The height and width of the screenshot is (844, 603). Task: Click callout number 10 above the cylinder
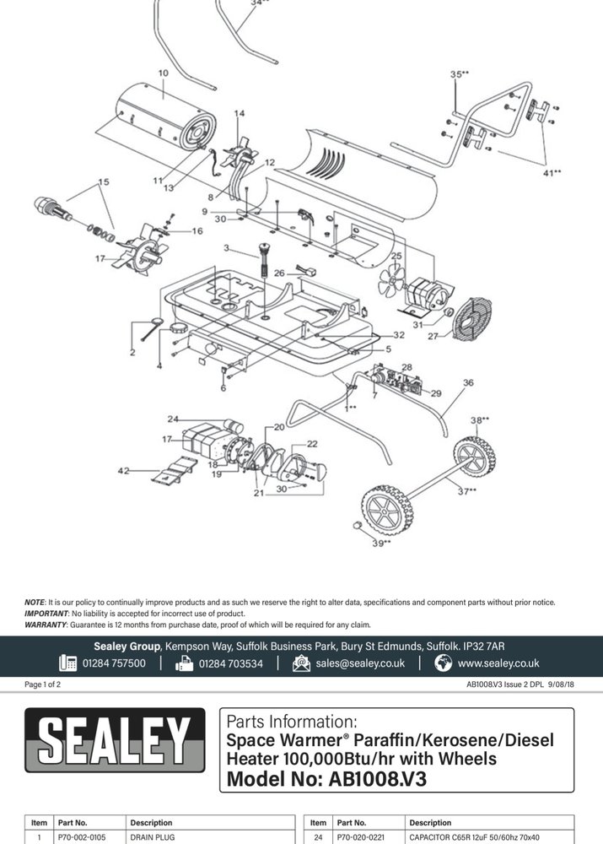[163, 73]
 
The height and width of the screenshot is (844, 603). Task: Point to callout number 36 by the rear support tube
[468, 382]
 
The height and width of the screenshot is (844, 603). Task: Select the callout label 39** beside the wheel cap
[381, 544]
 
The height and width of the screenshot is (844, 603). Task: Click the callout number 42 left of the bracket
[123, 471]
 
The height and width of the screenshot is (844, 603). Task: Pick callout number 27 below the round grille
[433, 336]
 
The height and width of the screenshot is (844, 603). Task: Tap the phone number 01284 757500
[114, 663]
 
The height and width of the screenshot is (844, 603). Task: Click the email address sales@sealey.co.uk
[360, 663]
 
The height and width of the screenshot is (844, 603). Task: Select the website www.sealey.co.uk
[498, 663]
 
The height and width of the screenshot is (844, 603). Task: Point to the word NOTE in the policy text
[35, 602]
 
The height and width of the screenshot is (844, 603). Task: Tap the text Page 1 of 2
[42, 684]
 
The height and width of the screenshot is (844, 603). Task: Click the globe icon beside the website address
[444, 663]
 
